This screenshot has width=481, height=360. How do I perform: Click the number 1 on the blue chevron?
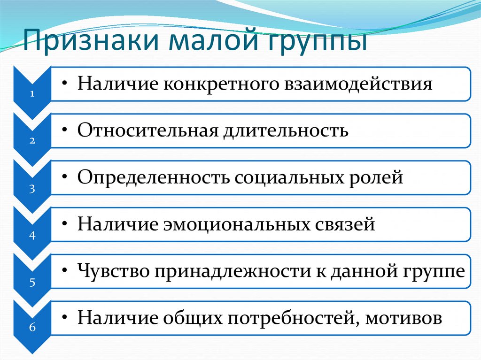32,93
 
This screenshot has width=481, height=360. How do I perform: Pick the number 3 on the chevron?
32,189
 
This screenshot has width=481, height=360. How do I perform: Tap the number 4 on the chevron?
32,236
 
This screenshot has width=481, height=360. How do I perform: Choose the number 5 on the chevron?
32,283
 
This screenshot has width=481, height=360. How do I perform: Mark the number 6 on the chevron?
32,327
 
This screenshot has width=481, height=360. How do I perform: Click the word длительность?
286,131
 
